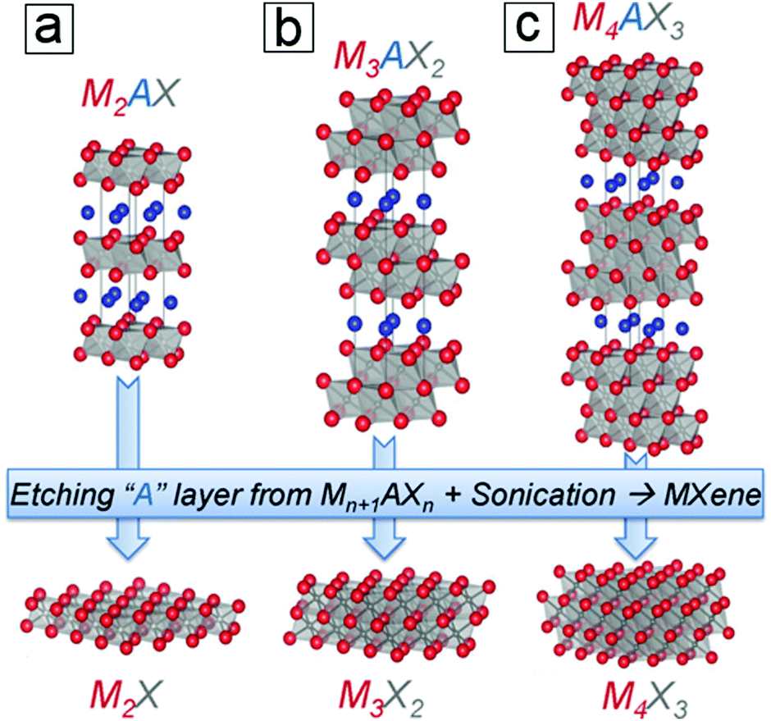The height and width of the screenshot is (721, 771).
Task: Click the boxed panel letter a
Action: [x=49, y=29]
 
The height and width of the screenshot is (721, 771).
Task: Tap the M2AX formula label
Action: [x=129, y=95]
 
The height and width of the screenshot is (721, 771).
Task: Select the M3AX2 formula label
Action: [x=389, y=60]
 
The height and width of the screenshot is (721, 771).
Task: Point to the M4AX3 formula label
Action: [x=628, y=21]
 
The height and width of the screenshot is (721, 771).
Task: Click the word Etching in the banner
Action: [x=62, y=495]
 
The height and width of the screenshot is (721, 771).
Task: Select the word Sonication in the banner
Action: [x=543, y=495]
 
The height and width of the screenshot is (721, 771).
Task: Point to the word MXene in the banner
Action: [x=711, y=495]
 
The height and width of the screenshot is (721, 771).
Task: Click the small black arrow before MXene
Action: [x=640, y=495]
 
